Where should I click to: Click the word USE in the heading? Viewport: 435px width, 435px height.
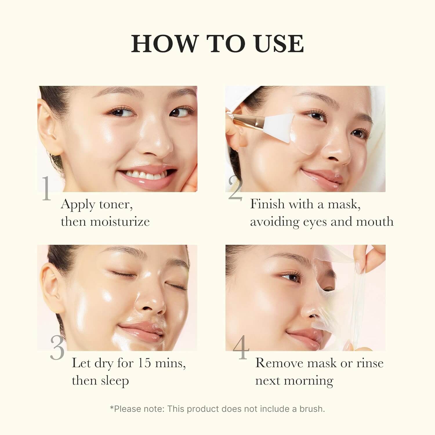[x=278, y=43]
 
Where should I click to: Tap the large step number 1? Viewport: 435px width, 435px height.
[x=46, y=188]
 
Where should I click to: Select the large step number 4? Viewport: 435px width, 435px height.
[x=241, y=347]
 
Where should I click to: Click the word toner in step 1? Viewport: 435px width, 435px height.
[x=116, y=204]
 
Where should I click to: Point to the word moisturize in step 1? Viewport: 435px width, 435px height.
[x=120, y=222]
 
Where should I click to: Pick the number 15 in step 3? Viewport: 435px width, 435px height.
[x=144, y=363]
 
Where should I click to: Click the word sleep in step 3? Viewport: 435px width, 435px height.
[x=115, y=380]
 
